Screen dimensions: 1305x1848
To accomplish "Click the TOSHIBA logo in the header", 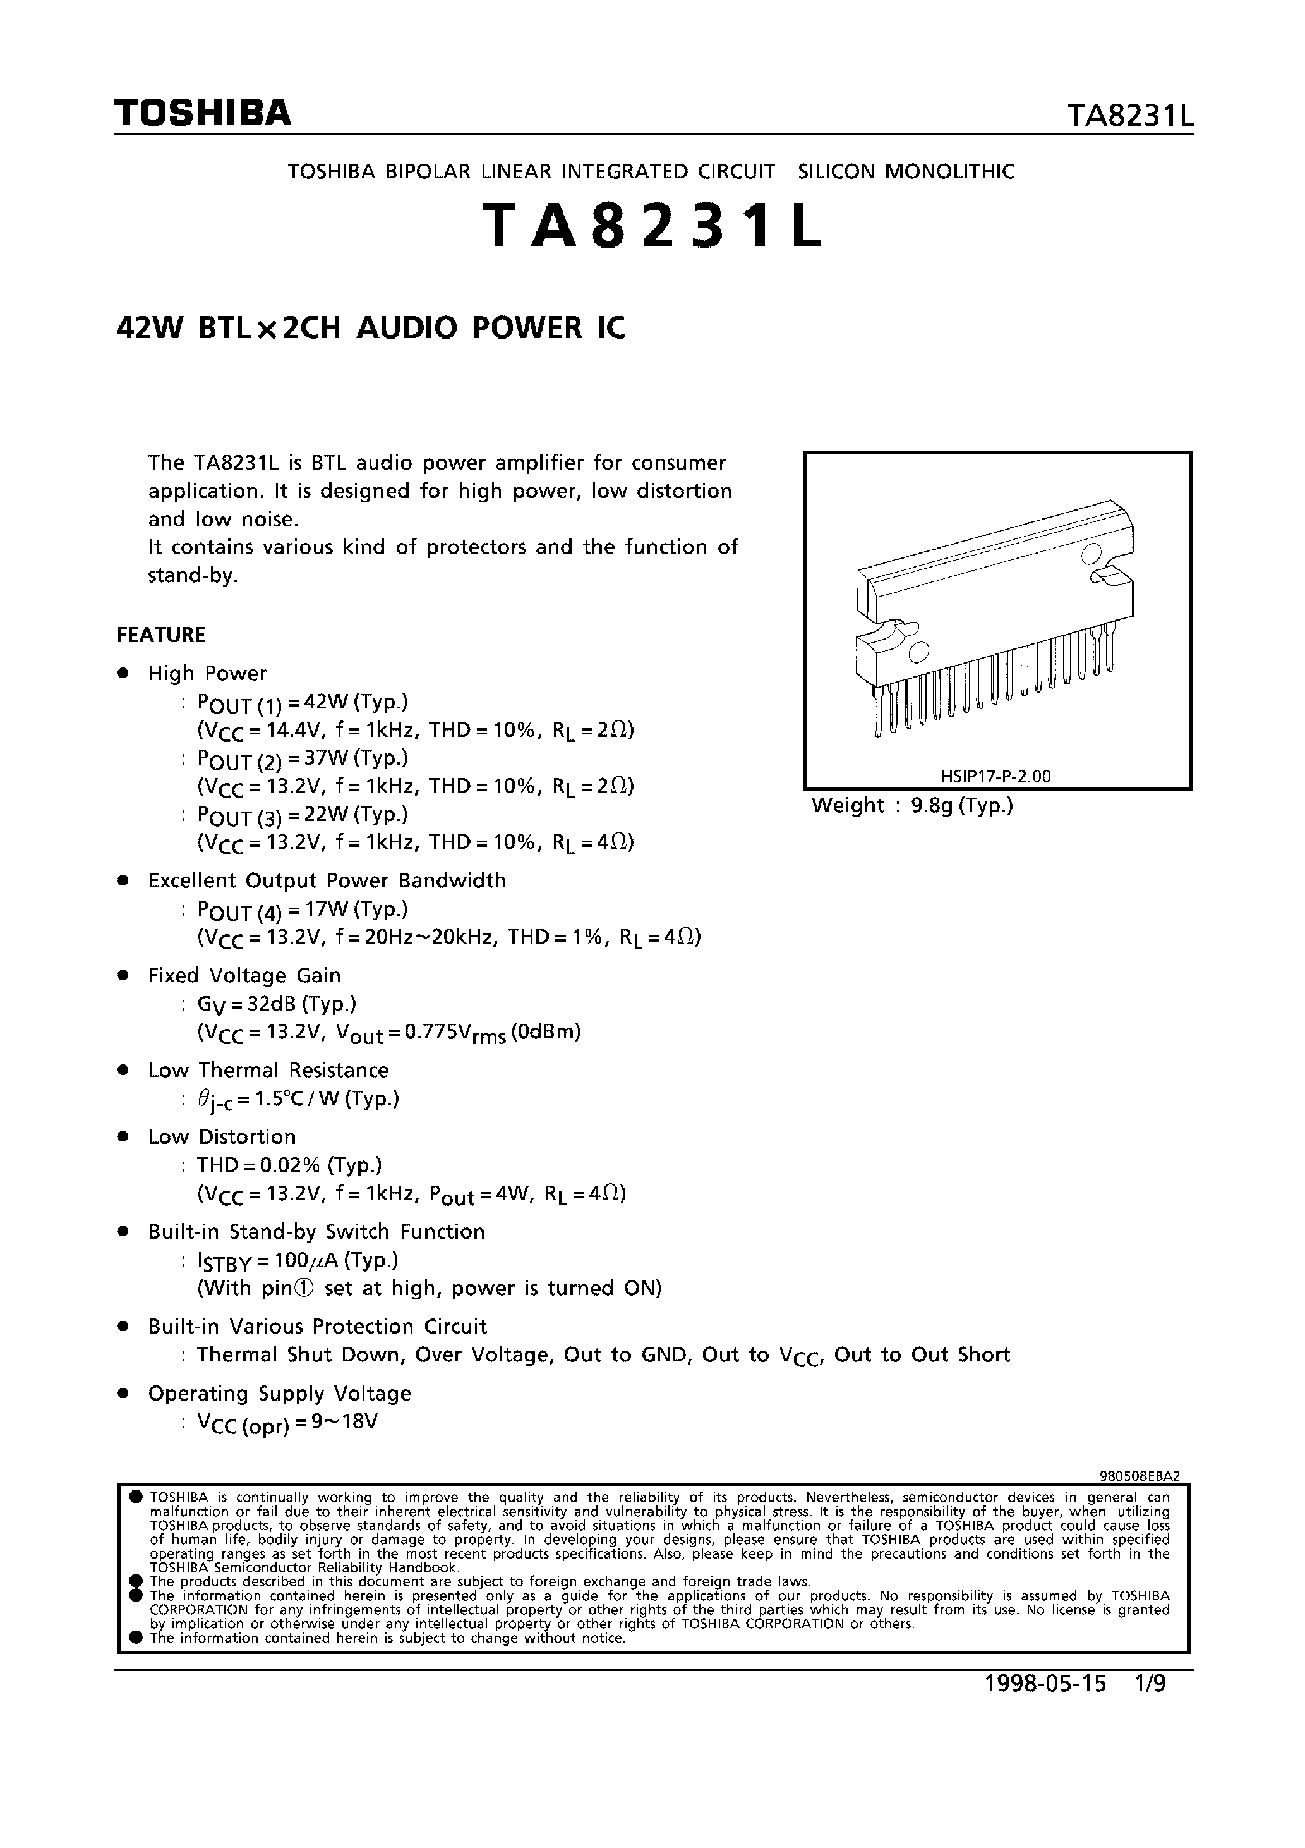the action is (x=202, y=114).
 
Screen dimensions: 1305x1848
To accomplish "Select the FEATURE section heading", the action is (x=161, y=635).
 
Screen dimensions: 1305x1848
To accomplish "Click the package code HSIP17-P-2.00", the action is (x=995, y=777).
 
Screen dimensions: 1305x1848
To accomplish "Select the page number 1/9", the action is (x=1150, y=1684).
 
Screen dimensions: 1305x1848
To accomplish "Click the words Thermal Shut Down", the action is (x=299, y=1354).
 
